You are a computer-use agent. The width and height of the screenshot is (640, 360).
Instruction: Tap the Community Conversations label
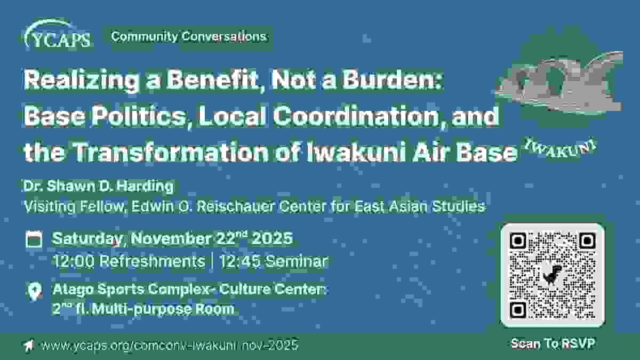tap(189, 37)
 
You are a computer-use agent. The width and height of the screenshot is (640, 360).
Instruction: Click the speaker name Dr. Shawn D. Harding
tap(99, 186)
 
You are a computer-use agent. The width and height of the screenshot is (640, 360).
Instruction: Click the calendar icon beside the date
tap(34, 239)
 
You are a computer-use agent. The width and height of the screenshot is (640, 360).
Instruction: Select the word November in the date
tap(171, 238)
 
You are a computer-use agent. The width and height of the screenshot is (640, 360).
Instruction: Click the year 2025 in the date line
tap(272, 238)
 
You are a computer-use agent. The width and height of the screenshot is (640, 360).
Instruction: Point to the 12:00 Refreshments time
tap(130, 261)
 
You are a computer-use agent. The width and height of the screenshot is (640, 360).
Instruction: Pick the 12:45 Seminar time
tap(274, 261)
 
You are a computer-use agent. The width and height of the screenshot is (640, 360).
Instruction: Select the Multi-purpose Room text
tap(163, 309)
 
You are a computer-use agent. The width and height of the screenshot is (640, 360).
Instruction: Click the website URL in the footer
tap(170, 345)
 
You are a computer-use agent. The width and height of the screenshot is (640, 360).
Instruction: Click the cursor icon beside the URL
tap(29, 345)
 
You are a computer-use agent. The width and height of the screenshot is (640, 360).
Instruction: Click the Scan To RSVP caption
tap(553, 343)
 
